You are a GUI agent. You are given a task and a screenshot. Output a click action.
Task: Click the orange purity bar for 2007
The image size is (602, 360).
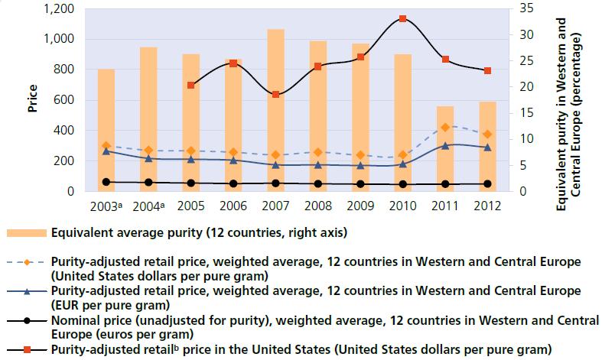(275, 110)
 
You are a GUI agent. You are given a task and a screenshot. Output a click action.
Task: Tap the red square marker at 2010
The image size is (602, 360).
(402, 19)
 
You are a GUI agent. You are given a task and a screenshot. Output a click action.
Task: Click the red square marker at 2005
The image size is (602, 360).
(190, 85)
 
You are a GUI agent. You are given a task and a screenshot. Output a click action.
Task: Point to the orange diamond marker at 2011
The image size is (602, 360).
(444, 127)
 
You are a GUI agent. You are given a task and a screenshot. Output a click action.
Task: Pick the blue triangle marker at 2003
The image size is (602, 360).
(106, 151)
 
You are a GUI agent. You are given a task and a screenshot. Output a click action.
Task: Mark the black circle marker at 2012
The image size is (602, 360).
(486, 183)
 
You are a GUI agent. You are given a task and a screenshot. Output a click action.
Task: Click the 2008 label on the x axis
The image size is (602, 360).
(317, 205)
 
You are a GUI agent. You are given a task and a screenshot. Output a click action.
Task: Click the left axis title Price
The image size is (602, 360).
(33, 99)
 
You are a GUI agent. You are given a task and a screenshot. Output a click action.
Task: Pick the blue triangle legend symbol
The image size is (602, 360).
(26, 293)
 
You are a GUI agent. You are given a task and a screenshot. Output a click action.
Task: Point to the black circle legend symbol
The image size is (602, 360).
(26, 321)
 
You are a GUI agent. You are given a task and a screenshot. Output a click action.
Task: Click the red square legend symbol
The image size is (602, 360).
(26, 349)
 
